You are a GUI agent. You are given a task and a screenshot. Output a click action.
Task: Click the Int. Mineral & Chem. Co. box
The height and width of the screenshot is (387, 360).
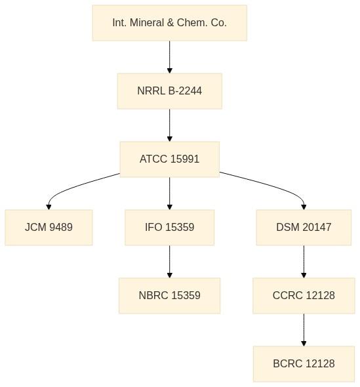tap(170, 23)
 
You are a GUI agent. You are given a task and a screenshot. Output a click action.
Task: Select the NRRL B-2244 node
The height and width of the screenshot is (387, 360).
tap(170, 91)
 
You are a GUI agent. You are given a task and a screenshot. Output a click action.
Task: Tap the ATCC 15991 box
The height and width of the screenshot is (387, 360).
tap(170, 159)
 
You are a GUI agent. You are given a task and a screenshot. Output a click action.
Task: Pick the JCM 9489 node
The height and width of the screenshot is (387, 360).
tap(49, 228)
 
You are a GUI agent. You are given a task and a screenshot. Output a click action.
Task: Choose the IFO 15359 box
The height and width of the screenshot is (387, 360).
tap(170, 228)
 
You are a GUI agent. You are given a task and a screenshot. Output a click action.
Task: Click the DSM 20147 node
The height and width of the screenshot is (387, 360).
tap(304, 228)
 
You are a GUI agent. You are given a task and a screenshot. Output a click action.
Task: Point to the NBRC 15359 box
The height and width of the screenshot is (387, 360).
tap(170, 296)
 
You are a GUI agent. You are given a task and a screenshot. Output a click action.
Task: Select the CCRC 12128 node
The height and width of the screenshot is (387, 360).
tap(304, 296)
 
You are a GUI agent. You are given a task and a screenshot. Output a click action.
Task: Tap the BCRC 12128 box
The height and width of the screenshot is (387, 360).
tap(304, 364)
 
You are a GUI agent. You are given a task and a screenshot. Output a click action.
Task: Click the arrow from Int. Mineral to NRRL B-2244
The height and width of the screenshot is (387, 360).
tap(170, 57)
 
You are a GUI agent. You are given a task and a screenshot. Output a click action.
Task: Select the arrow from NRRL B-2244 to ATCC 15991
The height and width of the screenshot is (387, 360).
tap(170, 125)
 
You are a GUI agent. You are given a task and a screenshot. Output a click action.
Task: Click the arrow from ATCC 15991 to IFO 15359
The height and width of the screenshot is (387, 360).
tap(170, 193)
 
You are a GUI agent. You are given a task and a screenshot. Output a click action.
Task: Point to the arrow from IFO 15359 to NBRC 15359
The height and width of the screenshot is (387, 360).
tap(170, 262)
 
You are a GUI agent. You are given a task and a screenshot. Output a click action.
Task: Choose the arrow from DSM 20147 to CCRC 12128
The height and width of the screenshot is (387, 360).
tap(304, 262)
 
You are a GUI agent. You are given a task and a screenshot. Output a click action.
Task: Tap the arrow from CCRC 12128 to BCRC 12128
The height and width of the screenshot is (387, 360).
tap(304, 330)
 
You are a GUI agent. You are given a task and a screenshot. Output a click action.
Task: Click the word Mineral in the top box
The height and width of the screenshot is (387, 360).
tap(147, 23)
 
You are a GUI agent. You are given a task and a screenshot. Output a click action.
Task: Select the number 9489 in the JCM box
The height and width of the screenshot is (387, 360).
tap(61, 228)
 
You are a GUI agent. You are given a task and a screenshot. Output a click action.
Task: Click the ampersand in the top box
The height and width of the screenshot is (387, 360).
tap(170, 23)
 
